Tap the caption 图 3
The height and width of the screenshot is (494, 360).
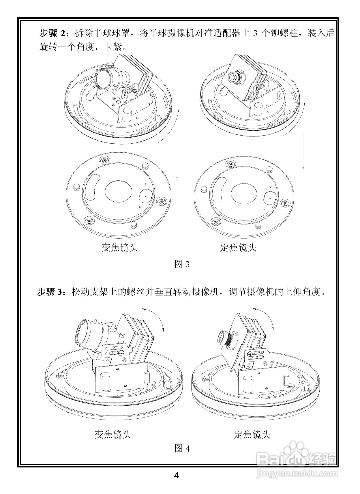[182, 264]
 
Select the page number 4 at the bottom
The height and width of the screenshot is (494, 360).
[177, 475]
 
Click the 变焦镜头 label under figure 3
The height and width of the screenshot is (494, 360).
[119, 247]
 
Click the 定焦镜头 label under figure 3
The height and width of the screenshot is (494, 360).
[238, 247]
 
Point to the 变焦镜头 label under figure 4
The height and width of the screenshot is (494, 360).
[113, 434]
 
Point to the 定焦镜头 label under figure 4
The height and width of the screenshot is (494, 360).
[252, 434]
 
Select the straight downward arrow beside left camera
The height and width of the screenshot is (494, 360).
[177, 159]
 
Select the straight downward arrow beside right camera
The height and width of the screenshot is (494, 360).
[303, 150]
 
